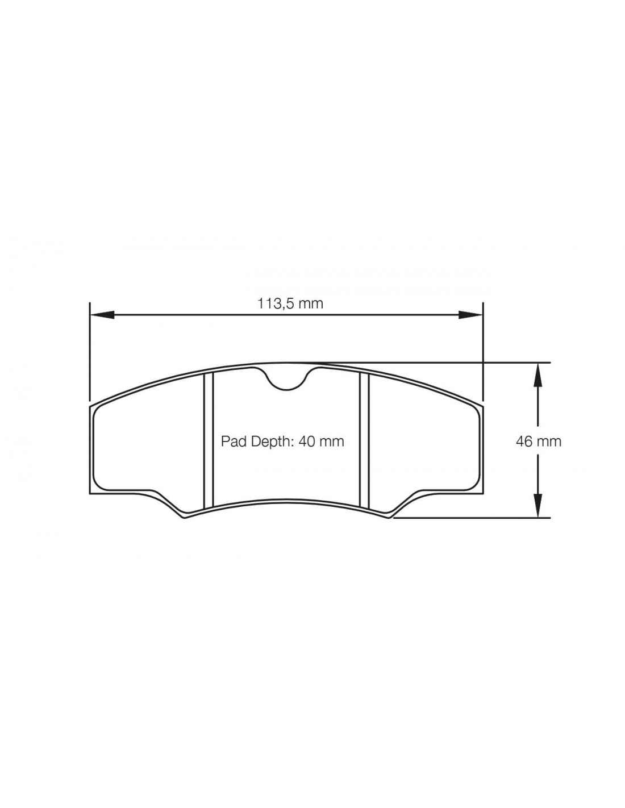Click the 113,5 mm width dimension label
[x=290, y=304]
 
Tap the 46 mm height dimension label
[x=539, y=442]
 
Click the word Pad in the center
[x=231, y=442]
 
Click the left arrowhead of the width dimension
[x=102, y=315]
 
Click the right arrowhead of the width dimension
[x=470, y=315]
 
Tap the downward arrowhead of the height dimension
[x=538, y=505]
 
